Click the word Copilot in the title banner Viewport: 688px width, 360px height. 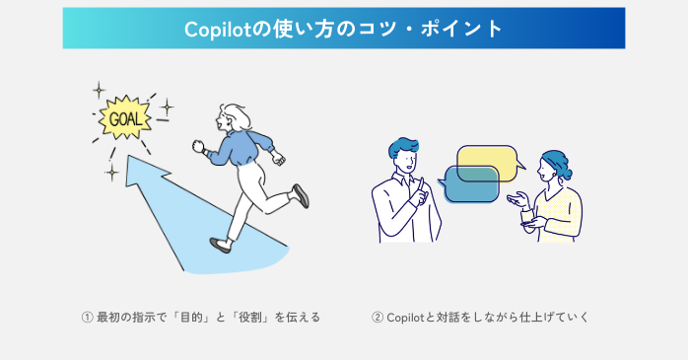(217, 29)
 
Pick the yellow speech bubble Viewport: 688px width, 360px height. (487, 160)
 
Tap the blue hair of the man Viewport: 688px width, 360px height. (403, 147)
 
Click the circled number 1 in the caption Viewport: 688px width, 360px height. (87, 318)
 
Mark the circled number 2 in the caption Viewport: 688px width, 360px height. (378, 318)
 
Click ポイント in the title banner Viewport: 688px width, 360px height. (463, 29)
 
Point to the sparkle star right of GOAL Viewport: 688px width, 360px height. (167, 106)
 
